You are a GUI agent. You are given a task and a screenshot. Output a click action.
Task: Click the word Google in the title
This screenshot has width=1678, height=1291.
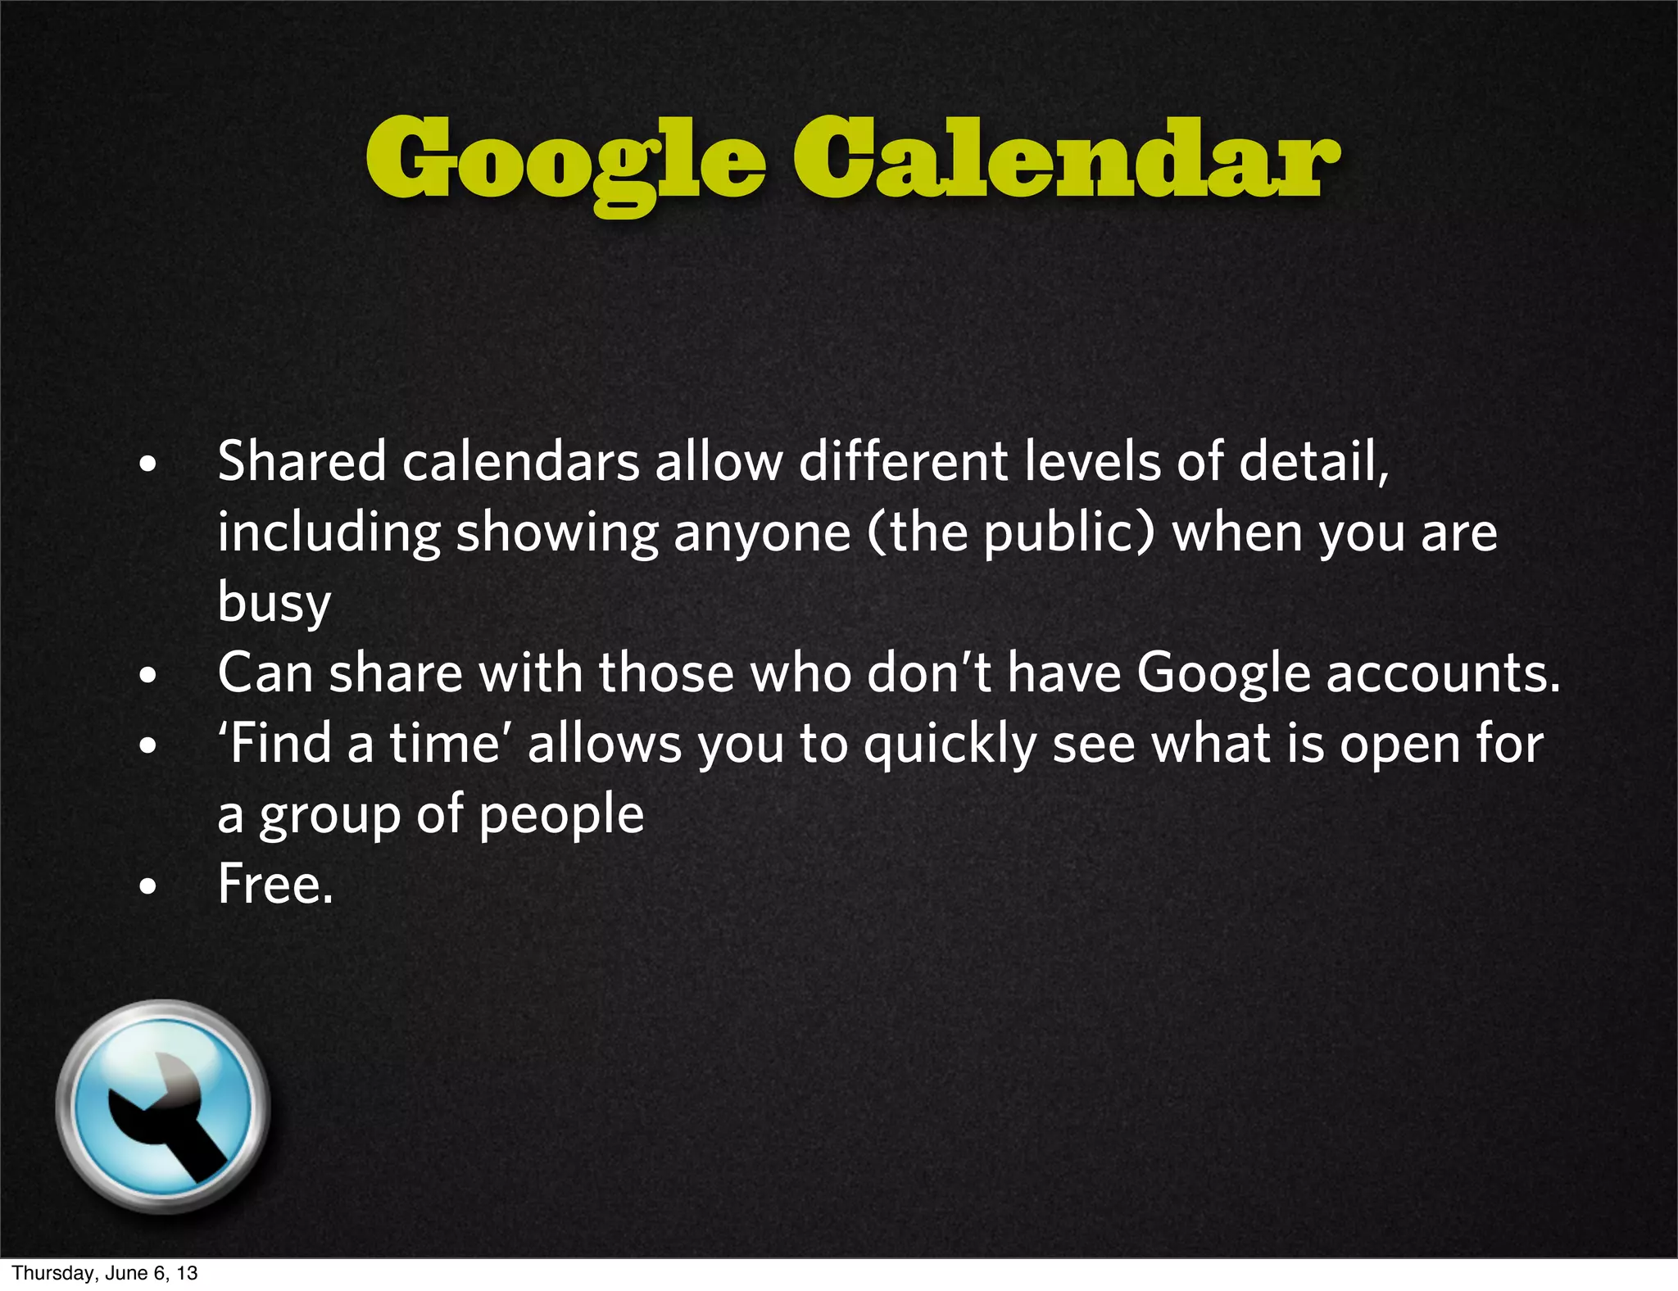pos(565,161)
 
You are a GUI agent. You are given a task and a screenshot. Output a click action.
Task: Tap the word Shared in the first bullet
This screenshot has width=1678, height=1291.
pos(302,461)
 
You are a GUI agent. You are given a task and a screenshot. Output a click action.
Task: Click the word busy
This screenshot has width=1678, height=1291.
pos(274,603)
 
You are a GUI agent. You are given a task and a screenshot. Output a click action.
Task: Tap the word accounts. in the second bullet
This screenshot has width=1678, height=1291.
pos(1443,673)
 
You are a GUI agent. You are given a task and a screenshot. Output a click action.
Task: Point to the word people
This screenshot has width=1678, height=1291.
pos(561,815)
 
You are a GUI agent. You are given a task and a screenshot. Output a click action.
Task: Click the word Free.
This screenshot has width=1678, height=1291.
pos(275,885)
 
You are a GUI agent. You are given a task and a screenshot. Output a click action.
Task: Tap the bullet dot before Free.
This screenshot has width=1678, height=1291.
pos(147,886)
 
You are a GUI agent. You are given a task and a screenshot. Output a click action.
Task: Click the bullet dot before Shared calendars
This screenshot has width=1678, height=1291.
pos(147,464)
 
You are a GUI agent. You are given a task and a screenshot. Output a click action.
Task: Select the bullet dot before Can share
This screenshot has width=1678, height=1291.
pos(147,676)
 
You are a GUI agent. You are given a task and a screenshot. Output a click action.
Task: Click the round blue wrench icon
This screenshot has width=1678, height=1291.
pos(163,1106)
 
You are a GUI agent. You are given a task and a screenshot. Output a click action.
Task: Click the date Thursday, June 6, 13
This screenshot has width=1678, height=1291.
pos(105,1273)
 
